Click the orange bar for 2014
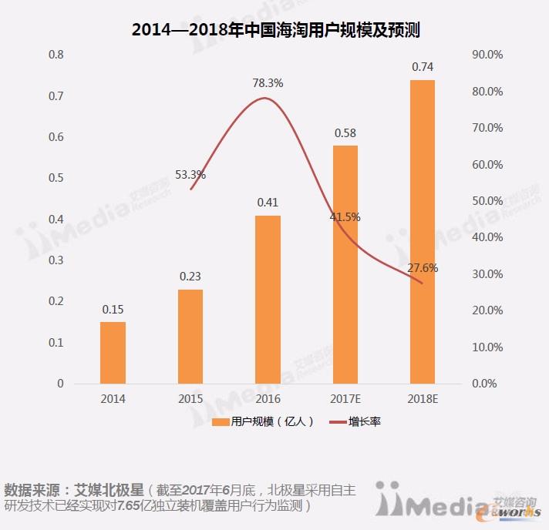click(x=113, y=352)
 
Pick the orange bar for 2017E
click(x=345, y=264)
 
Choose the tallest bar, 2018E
click(x=422, y=231)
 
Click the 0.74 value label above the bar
click(x=423, y=67)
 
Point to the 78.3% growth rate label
click(x=268, y=82)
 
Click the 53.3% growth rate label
click(x=190, y=175)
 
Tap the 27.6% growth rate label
click(x=423, y=269)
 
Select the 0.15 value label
click(x=113, y=310)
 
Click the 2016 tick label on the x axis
click(x=268, y=399)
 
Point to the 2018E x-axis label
click(x=422, y=399)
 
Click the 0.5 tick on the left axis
click(x=56, y=178)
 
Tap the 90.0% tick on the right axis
click(x=487, y=55)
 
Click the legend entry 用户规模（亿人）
click(x=263, y=422)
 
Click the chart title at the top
click(x=275, y=31)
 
